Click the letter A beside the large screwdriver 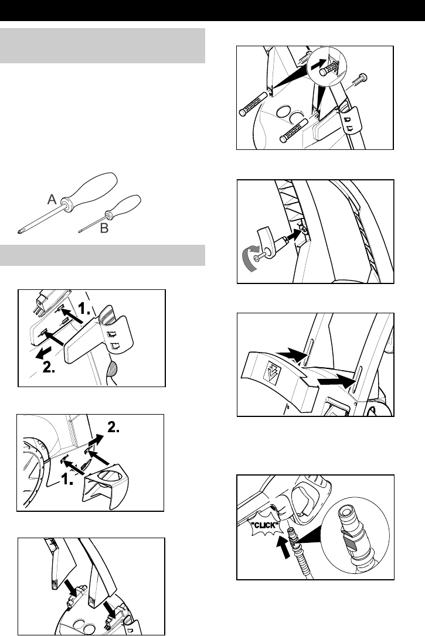coord(52,199)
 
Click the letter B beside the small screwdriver coord(104,228)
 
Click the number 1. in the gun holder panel coord(84,309)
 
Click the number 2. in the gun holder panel coord(49,367)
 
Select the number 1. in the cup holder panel coord(67,480)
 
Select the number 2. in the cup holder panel coord(113,427)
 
